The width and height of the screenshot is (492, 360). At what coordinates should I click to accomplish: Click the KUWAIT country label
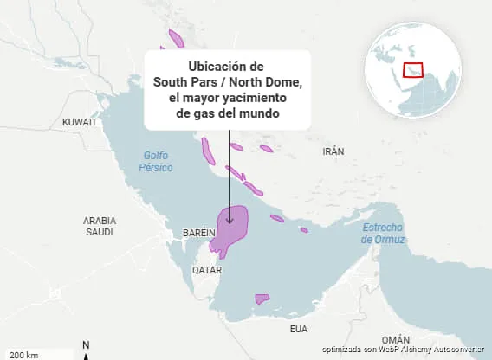point(80,123)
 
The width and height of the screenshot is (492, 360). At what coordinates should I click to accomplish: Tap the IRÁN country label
point(333,151)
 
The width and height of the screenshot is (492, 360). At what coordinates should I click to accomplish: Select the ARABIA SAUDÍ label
point(100,226)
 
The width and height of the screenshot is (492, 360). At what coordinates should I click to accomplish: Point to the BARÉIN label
point(199,234)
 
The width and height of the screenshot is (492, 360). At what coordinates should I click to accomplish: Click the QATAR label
point(206,269)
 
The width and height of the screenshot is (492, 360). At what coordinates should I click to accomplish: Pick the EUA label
point(299,329)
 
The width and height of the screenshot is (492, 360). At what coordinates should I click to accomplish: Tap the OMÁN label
point(395,339)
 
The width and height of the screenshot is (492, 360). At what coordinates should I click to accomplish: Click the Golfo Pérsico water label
point(159,161)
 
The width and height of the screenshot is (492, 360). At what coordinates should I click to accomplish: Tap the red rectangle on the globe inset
point(414,69)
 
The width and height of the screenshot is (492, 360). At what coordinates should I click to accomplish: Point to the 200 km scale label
point(23,355)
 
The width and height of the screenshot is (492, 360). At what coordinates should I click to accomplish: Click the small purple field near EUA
point(262,299)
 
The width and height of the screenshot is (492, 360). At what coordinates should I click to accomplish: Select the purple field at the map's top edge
point(177,38)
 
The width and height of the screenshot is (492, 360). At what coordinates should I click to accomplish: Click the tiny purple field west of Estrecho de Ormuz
point(304,229)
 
